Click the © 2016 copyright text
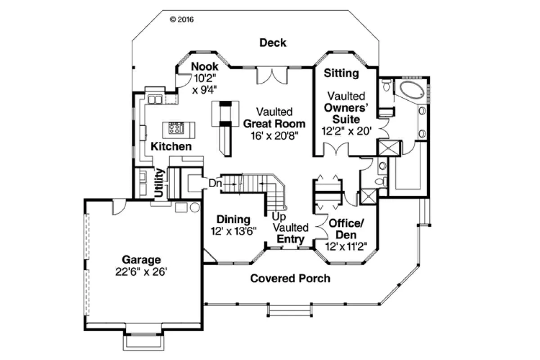[x=182, y=19]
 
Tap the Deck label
[x=273, y=43]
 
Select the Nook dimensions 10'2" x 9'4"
[x=205, y=84]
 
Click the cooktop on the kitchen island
[x=176, y=128]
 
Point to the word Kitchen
[x=171, y=146]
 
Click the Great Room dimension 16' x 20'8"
[x=274, y=136]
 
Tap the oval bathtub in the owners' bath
[x=412, y=90]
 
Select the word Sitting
[x=341, y=73]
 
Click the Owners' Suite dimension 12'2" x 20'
[x=346, y=131]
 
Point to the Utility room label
[x=159, y=183]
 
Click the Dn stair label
[x=215, y=183]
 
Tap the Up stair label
[x=279, y=216]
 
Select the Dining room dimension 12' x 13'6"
[x=234, y=231]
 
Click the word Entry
[x=291, y=239]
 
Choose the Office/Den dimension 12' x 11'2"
[x=346, y=247]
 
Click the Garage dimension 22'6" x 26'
[x=141, y=272]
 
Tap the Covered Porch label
[x=290, y=278]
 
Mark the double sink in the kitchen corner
[x=155, y=99]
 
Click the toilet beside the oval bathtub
[x=386, y=85]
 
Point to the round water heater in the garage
[x=195, y=207]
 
